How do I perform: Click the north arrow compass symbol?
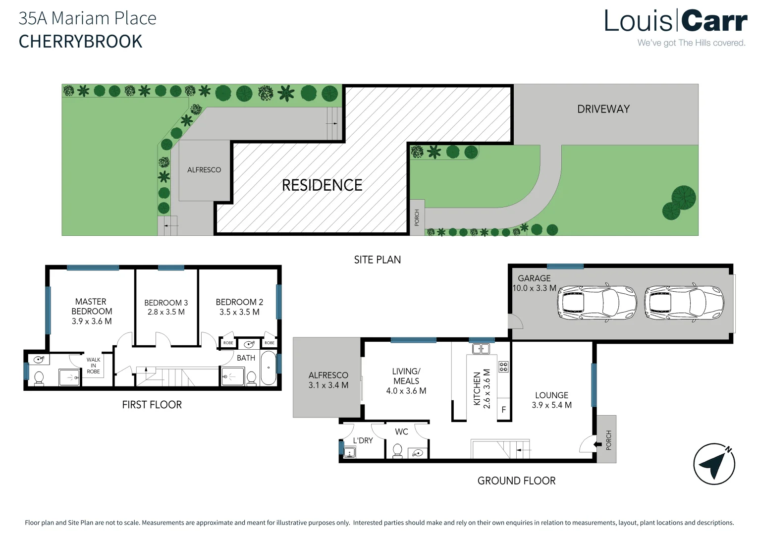[x=714, y=464]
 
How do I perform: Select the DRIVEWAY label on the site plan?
[x=603, y=109]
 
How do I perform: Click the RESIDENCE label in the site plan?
[x=322, y=185]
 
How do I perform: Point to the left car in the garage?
[x=596, y=302]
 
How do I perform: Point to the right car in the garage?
[x=684, y=302]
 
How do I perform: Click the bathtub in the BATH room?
[x=269, y=368]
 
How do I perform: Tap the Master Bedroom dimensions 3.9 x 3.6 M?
[x=92, y=321]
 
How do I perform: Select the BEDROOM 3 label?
[x=166, y=303]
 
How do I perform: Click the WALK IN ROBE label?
[x=93, y=366]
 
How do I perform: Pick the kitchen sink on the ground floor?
[x=481, y=349]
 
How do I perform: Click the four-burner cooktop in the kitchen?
[x=503, y=367]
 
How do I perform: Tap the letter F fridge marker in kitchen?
[x=503, y=410]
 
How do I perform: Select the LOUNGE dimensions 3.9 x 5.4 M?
[x=551, y=405]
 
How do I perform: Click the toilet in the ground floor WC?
[x=397, y=451]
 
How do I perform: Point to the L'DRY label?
[x=363, y=440]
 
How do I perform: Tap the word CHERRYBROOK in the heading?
[x=80, y=42]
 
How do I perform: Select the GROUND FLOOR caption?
[x=516, y=481]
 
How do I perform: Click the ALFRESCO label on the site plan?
[x=204, y=170]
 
